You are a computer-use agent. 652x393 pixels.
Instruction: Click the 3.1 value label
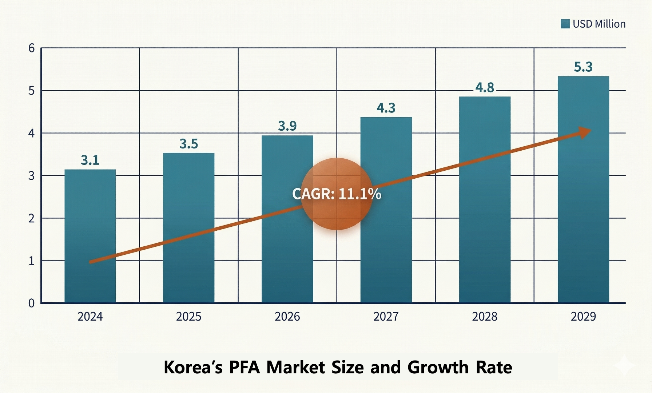point(90,160)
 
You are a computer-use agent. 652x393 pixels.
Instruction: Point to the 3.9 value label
point(287,126)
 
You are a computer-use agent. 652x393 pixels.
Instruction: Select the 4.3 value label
point(386,108)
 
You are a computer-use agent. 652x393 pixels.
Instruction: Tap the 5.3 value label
point(583,67)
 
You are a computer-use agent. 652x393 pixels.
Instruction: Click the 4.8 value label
point(485,88)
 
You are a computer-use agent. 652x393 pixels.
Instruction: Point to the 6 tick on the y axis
point(32,48)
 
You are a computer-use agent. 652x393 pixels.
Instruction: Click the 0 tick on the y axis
point(32,303)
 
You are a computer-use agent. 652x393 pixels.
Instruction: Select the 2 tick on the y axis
point(32,218)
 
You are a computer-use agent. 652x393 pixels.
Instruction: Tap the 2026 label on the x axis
point(287,317)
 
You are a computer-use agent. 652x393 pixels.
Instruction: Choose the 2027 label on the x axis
point(386,317)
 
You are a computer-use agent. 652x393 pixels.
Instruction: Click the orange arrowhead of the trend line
point(584,132)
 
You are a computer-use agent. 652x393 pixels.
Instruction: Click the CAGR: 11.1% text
point(337,194)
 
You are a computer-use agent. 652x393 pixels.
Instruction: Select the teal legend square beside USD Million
point(565,24)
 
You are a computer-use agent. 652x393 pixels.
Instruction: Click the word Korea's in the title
point(193,367)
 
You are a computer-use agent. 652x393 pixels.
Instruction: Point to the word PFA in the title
point(244,367)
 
